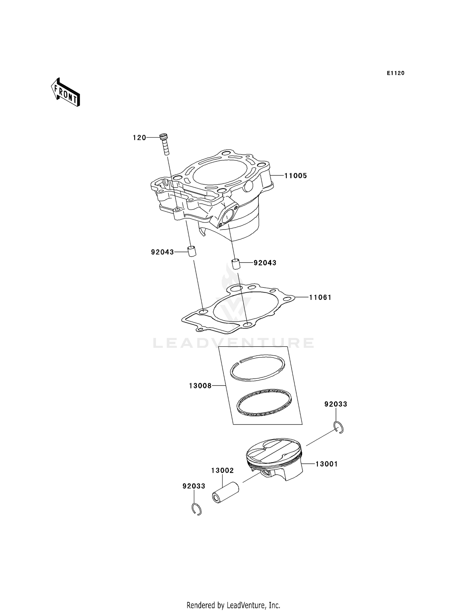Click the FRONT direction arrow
coord(65,93)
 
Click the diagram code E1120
coord(395,73)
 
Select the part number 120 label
coord(139,138)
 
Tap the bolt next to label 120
coord(164,144)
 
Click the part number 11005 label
coord(295,176)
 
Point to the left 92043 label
coord(162,252)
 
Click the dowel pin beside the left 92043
coord(191,251)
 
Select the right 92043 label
coord(265,263)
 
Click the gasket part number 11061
coord(320,297)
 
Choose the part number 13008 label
coord(200,386)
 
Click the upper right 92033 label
coord(336,404)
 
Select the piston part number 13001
coord(326,464)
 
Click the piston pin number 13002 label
coord(222,471)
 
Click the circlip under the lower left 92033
coord(196,509)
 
